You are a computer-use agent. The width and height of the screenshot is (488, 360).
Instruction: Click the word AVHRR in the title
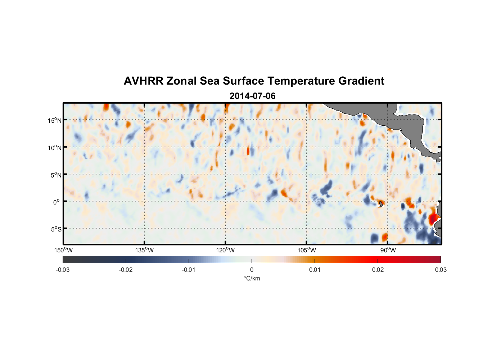tap(143, 81)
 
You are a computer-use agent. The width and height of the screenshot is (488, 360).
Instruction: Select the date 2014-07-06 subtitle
tap(252, 96)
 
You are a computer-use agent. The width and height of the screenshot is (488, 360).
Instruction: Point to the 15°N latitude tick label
tap(55, 120)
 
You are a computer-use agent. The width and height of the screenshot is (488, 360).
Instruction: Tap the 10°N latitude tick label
tap(55, 148)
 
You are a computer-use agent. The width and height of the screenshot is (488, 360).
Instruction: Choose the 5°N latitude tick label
tap(56, 175)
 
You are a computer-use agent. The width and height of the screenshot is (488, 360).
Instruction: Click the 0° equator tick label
tap(57, 202)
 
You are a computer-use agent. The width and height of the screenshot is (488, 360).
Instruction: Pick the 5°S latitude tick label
tap(56, 229)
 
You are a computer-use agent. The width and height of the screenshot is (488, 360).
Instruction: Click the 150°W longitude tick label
tap(64, 250)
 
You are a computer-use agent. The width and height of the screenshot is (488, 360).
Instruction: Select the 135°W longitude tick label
tap(145, 250)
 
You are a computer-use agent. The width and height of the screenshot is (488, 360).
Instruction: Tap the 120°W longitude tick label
tap(226, 250)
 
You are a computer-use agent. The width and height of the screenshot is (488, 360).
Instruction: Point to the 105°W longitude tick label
tap(307, 250)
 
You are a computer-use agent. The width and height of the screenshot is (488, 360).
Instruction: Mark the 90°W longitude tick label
tap(388, 250)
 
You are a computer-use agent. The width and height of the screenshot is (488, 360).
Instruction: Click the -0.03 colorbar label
tap(63, 270)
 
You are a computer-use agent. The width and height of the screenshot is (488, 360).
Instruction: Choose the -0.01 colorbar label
tap(189, 270)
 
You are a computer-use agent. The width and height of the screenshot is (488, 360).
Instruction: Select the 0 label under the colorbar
tap(252, 270)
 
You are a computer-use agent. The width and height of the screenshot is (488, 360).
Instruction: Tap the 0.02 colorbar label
tap(378, 270)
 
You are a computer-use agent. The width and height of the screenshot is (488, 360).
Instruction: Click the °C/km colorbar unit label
tap(252, 278)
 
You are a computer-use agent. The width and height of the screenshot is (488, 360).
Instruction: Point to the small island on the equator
tap(381, 204)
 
